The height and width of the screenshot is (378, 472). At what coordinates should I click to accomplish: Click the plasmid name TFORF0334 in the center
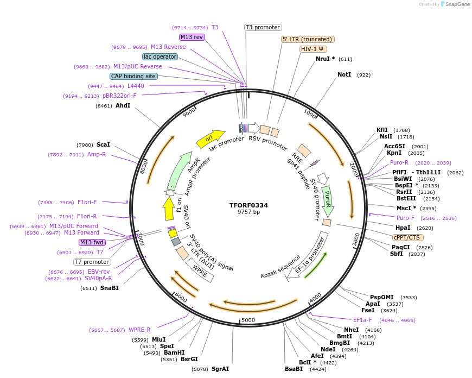pos(248,205)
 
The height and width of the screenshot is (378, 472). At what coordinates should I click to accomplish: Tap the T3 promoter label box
pos(263,27)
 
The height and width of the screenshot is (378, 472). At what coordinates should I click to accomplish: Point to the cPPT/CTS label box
pos(407,237)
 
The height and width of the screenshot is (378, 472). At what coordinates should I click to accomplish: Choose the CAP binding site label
pos(133,77)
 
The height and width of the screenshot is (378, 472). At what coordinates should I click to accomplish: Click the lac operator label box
pos(160,56)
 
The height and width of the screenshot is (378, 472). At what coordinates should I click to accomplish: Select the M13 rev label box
pos(192,37)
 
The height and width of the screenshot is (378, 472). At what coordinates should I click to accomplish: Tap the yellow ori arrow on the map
pos(211,138)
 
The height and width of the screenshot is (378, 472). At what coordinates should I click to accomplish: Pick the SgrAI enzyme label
pos(220,369)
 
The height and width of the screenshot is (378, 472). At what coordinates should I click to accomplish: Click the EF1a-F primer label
pos(362,320)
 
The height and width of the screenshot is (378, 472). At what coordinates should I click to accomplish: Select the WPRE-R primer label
pos(139,330)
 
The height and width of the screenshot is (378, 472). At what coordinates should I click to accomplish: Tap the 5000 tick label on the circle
pos(248,320)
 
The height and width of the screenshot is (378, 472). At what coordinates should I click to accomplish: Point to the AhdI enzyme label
pos(123,105)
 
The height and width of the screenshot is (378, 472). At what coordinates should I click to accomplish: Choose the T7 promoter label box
pos(92,262)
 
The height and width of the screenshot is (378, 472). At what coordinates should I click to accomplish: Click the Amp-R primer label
pos(97,154)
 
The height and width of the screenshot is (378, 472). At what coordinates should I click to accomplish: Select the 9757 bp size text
pos(248,212)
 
